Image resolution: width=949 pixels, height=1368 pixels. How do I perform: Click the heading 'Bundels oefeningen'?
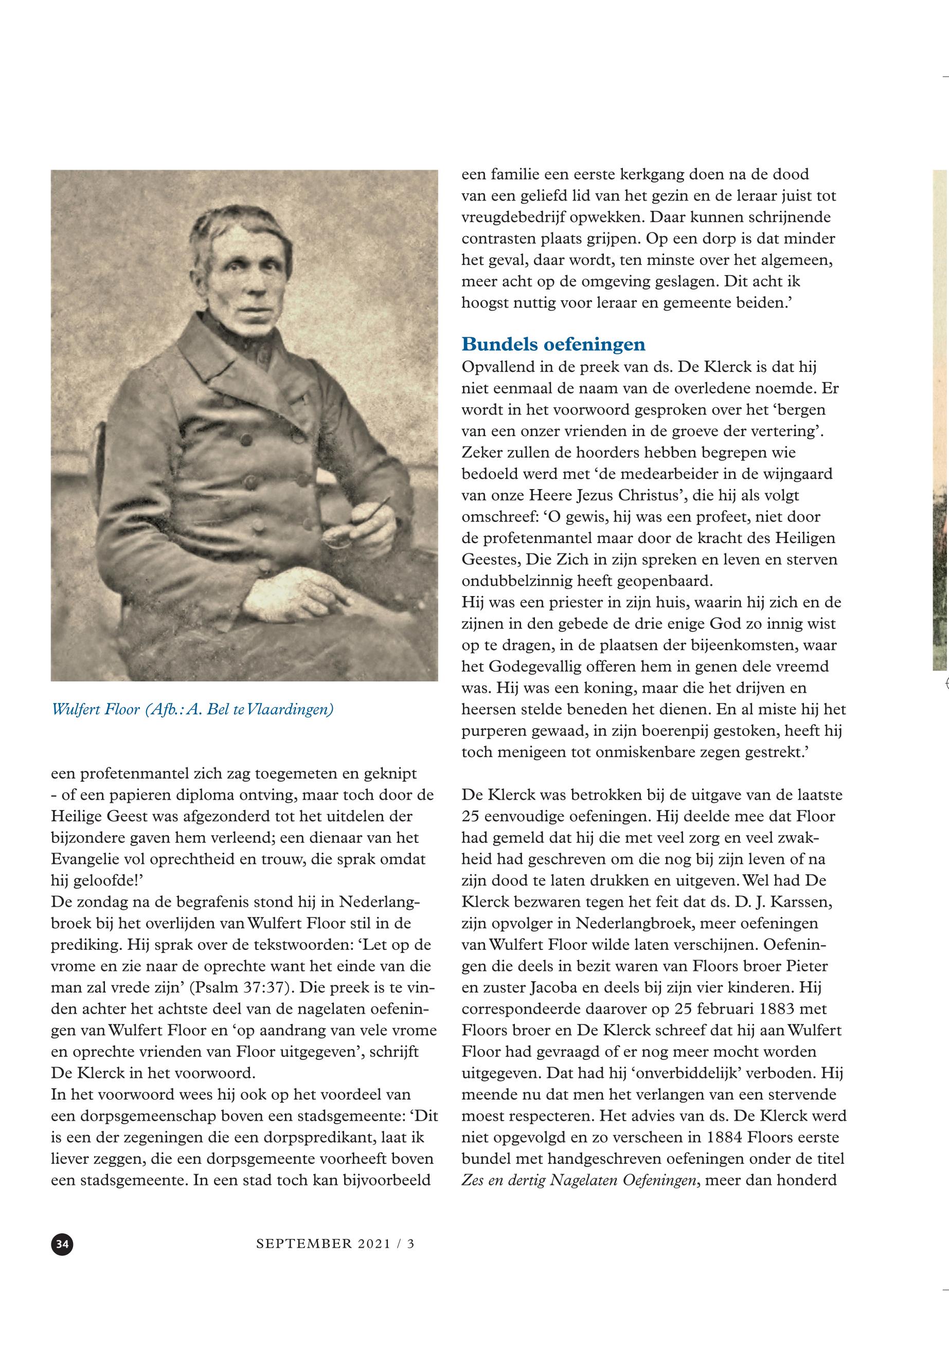[553, 344]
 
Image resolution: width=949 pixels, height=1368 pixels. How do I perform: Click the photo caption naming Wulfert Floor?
[193, 709]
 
